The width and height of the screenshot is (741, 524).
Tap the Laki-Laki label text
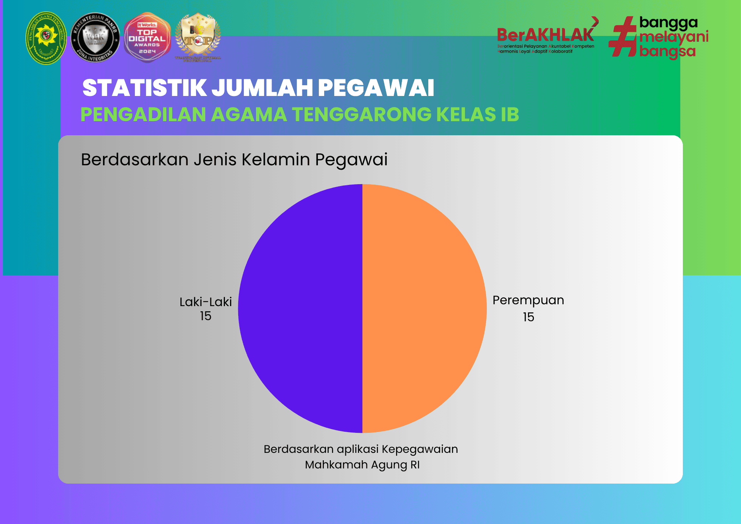click(x=206, y=302)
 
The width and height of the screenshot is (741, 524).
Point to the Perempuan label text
click(x=528, y=300)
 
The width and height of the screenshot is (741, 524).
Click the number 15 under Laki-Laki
click(x=206, y=316)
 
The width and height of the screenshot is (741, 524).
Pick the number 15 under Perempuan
click(x=529, y=317)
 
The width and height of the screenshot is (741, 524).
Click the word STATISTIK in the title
click(x=144, y=88)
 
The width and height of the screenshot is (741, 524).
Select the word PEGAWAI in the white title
click(x=376, y=88)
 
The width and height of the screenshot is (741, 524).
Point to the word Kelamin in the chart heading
click(x=276, y=160)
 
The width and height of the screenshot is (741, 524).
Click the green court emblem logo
click(x=46, y=38)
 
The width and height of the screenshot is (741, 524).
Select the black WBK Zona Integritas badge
click(x=95, y=38)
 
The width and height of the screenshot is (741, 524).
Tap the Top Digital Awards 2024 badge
click(x=147, y=38)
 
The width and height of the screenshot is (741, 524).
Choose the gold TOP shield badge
click(x=198, y=37)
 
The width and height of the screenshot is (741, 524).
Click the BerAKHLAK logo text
click(x=545, y=35)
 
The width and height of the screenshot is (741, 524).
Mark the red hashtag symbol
click(x=623, y=36)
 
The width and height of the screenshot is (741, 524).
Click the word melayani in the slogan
click(x=674, y=37)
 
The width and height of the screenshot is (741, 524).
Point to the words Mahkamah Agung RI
click(x=362, y=465)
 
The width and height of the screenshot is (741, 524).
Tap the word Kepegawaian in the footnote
click(x=419, y=449)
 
